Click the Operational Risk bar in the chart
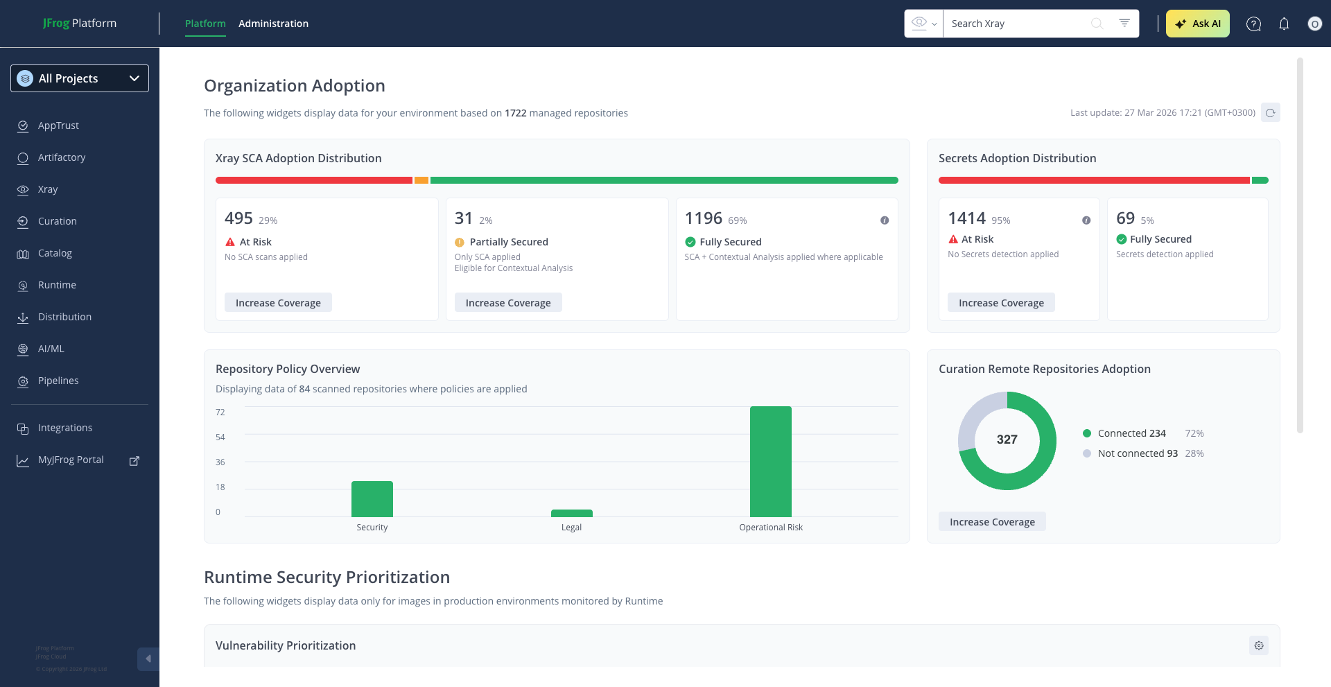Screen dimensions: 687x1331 [770, 461]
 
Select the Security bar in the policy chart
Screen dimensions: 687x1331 [372, 498]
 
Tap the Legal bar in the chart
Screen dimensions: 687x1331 [571, 514]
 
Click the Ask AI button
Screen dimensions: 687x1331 [1197, 24]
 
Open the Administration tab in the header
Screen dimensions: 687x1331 [273, 24]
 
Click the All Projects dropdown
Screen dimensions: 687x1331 [80, 78]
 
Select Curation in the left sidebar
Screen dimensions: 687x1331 [58, 221]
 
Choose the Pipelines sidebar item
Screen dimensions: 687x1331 [58, 381]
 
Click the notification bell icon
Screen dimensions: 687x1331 [1284, 24]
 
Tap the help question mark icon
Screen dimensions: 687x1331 [1253, 24]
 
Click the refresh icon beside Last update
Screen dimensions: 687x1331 [1270, 112]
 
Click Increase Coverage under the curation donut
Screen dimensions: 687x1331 [992, 522]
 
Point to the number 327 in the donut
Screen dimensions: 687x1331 [1007, 440]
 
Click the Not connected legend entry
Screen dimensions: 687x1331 [1137, 453]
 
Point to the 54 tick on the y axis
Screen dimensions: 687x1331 [220, 437]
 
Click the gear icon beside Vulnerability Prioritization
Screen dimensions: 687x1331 [1259, 645]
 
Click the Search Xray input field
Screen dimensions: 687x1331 [1016, 24]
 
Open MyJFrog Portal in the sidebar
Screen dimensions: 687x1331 [71, 460]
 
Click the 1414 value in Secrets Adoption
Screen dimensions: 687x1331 [966, 218]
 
